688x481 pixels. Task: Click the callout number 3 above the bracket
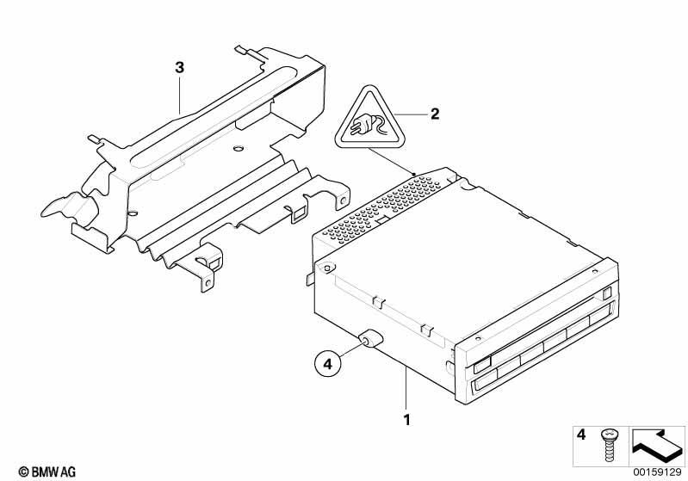(x=179, y=67)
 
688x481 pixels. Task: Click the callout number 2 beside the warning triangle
(x=434, y=114)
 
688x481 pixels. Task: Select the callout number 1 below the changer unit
(x=407, y=420)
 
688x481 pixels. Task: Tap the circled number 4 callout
(x=328, y=363)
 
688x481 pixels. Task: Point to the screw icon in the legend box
(x=608, y=445)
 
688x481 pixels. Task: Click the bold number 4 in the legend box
(x=581, y=435)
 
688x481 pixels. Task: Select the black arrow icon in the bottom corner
(x=656, y=446)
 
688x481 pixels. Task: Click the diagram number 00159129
(x=657, y=472)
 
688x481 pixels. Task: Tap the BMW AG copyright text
(x=47, y=472)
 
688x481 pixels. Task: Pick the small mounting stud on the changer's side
(x=368, y=338)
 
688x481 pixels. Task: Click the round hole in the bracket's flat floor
(x=238, y=148)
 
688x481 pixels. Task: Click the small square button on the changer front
(x=606, y=293)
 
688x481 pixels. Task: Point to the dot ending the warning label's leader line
(x=413, y=174)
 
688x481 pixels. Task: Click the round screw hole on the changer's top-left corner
(x=327, y=268)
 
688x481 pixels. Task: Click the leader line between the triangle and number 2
(x=410, y=114)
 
